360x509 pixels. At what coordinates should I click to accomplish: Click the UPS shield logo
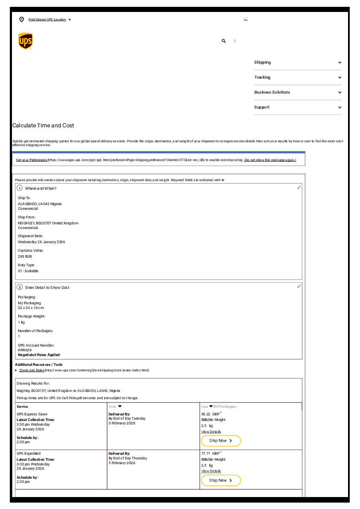[26, 41]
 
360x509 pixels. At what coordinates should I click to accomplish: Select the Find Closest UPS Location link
[47, 20]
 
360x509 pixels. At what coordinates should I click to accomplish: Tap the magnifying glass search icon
[224, 41]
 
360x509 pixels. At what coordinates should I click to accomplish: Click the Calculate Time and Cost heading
[43, 126]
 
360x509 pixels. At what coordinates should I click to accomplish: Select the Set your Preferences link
[32, 160]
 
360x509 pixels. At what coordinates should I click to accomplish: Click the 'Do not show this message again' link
[270, 160]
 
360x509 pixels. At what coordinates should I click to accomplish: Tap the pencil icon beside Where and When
[299, 188]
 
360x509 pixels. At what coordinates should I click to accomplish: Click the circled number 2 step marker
[20, 287]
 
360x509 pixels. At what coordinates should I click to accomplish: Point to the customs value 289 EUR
[25, 256]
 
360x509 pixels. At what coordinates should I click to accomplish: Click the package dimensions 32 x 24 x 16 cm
[31, 308]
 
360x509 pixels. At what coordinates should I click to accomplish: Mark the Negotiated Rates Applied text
[39, 355]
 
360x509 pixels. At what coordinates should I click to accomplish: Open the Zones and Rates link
[32, 370]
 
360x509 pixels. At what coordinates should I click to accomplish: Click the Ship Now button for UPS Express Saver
[221, 441]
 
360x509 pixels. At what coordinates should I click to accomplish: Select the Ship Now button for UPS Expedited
[221, 480]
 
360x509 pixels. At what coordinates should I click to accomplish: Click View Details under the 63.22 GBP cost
[211, 432]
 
